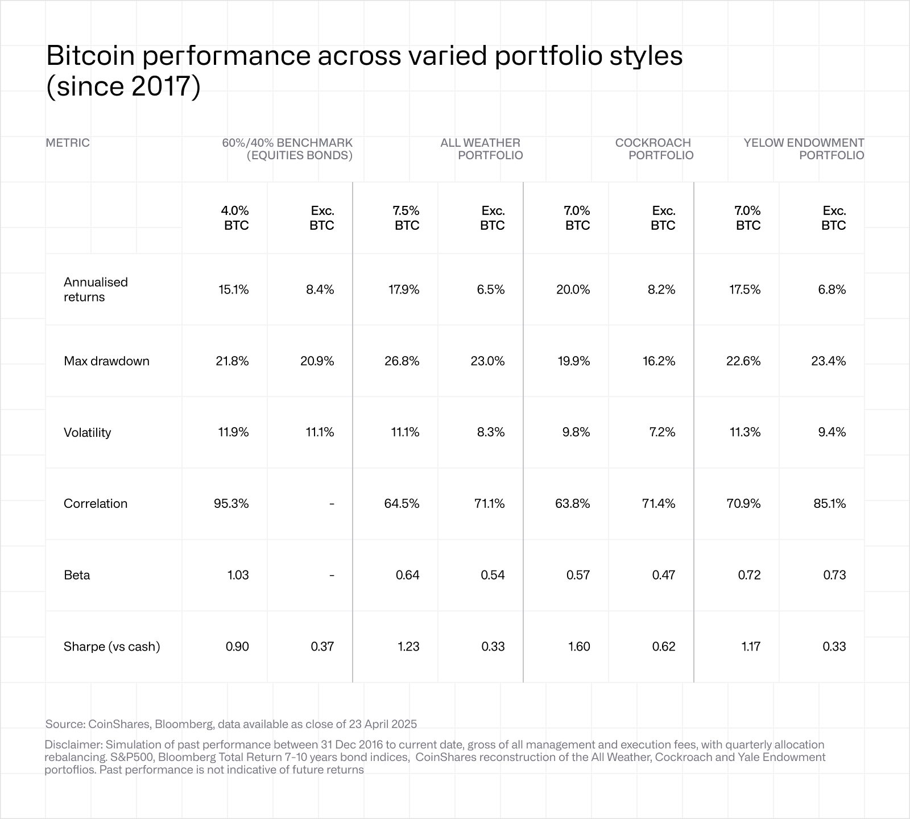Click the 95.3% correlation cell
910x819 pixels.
pos(231,503)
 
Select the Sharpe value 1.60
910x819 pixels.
pos(578,646)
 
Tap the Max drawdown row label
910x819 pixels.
pos(106,361)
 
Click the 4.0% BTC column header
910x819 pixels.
pos(235,218)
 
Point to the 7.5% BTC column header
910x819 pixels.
pos(406,218)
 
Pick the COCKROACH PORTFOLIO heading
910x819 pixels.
pos(654,149)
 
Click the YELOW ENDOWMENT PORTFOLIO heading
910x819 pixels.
pos(804,149)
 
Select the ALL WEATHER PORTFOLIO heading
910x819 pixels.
pos(481,149)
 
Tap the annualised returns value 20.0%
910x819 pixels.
pos(573,289)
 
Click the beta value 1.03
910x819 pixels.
pos(238,575)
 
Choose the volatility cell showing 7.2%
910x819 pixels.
pos(662,432)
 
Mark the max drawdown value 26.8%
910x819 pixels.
pos(402,361)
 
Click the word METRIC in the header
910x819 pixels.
pos(68,143)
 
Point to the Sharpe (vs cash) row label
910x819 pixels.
pos(111,646)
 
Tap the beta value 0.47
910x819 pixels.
pos(663,575)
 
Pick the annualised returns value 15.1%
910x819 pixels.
pos(233,289)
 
